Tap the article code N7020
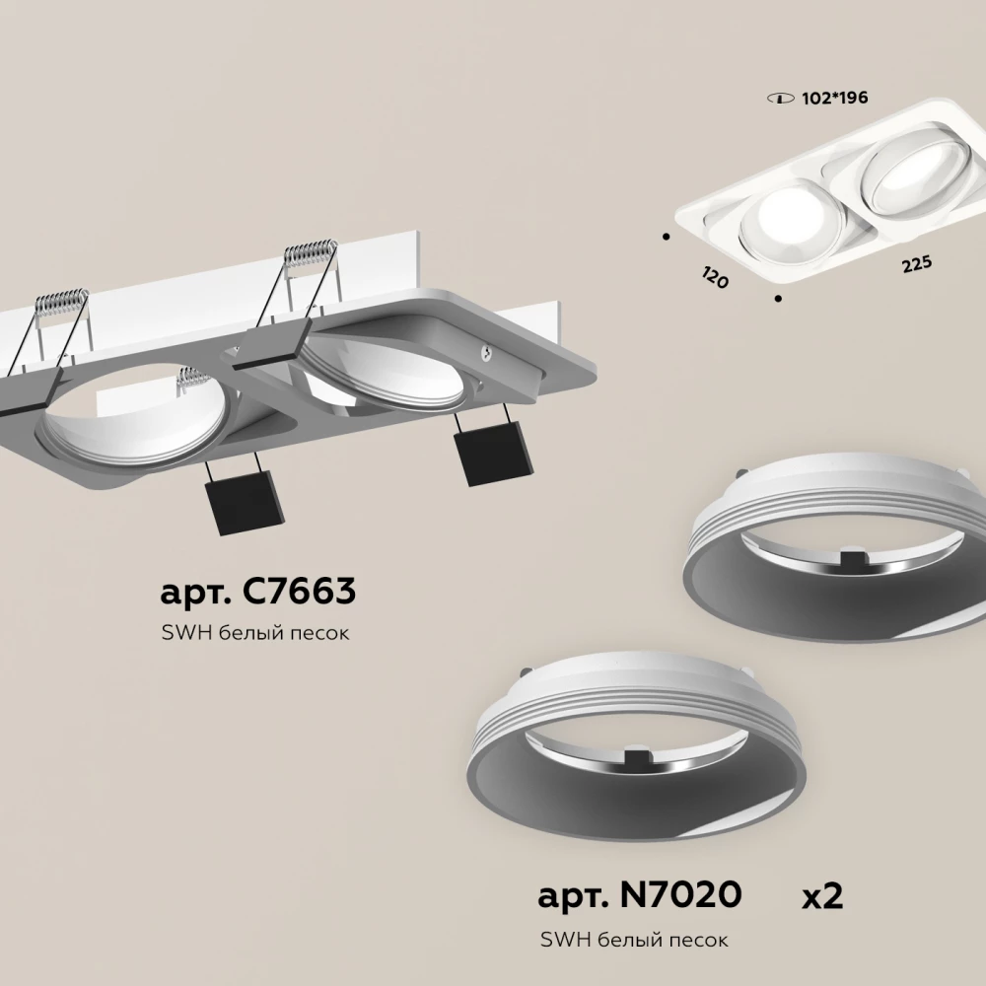pos(680,894)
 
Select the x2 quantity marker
pos(822,895)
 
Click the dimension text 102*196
pos(834,98)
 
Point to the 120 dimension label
pos(714,277)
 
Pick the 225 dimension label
pos(917,264)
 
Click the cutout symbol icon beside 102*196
pos(780,99)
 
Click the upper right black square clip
pos(494,453)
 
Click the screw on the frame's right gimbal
pos(485,354)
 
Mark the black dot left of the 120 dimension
pos(666,237)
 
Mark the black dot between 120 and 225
pos(778,299)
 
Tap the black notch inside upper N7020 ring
pos(853,556)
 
